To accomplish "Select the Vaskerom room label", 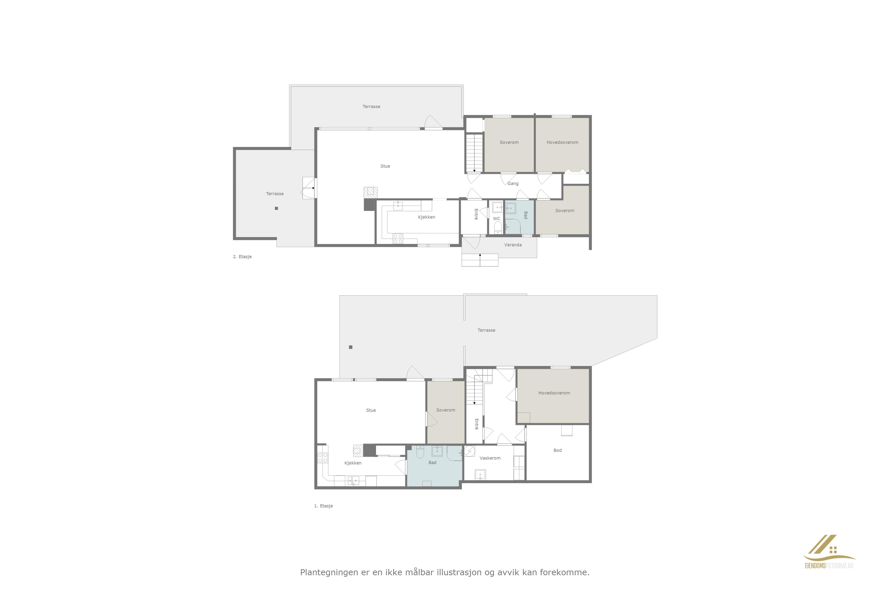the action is click(x=490, y=458).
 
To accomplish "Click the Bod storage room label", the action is click(x=557, y=450).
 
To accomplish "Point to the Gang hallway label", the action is click(x=513, y=183).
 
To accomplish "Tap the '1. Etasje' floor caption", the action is click(x=324, y=506).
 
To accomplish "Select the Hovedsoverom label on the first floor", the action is click(x=554, y=393).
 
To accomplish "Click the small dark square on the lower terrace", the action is click(x=351, y=347).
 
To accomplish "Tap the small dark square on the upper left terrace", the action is click(x=277, y=208).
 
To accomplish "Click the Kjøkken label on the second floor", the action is click(x=426, y=217).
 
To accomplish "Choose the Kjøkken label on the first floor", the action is click(x=353, y=463).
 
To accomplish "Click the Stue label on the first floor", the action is click(x=371, y=410).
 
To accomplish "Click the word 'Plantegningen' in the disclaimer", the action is click(x=329, y=573).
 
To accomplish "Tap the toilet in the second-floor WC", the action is click(x=498, y=228).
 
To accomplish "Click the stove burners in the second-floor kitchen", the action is click(x=398, y=239).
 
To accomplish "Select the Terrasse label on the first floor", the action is click(x=486, y=330).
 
